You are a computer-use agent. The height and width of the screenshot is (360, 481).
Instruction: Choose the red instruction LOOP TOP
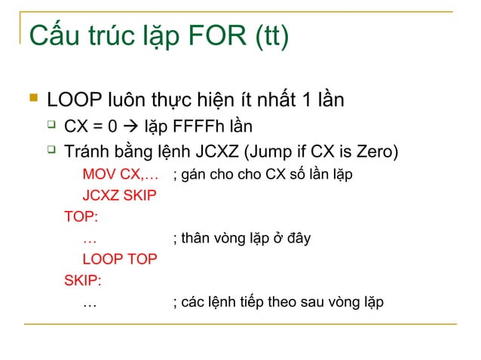pyautogui.click(x=119, y=260)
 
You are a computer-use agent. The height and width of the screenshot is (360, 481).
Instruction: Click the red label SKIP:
pyautogui.click(x=84, y=281)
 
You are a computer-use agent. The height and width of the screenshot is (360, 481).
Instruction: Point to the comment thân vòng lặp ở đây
pyautogui.click(x=241, y=239)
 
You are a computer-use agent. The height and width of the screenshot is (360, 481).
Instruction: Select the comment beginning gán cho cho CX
pyautogui.click(x=262, y=175)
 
